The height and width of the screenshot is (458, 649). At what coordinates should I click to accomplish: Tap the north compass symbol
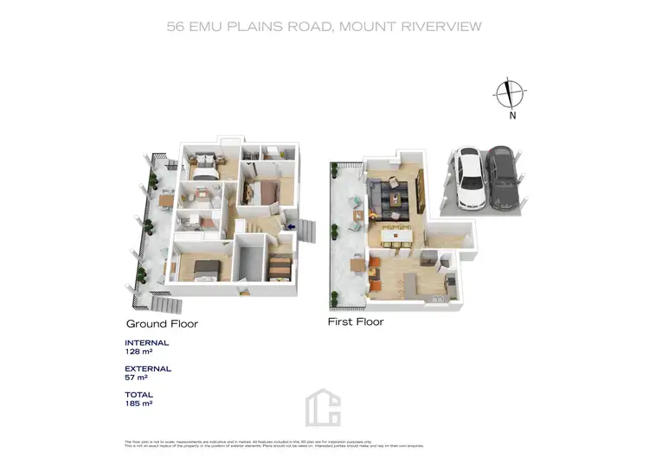click(x=511, y=92)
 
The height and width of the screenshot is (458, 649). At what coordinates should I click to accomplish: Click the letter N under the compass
click(x=511, y=114)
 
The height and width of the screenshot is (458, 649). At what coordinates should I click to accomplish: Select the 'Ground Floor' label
click(x=162, y=324)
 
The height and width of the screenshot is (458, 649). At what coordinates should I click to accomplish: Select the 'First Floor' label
click(x=355, y=321)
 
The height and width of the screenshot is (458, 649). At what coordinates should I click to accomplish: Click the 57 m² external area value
click(x=137, y=378)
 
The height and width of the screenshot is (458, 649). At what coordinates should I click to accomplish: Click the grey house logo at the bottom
click(x=324, y=406)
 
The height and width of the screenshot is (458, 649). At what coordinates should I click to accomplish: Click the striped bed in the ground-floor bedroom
click(x=279, y=267)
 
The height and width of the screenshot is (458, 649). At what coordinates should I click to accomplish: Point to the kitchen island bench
click(x=402, y=283)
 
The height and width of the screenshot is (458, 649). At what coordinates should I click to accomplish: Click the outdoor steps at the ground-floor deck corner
click(x=164, y=302)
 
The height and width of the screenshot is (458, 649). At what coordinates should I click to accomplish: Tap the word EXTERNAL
click(x=148, y=368)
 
